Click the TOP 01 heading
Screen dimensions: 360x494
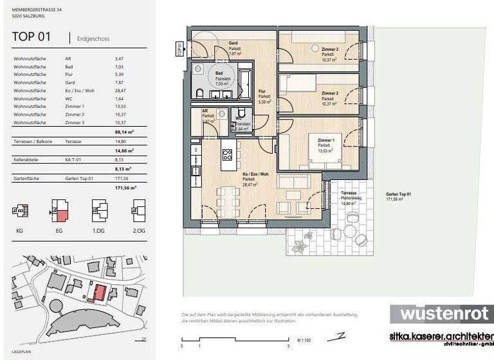(x=31, y=37)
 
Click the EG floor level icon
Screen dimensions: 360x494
(x=59, y=210)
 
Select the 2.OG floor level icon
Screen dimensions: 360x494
(x=138, y=210)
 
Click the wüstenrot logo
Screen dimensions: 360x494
(x=441, y=313)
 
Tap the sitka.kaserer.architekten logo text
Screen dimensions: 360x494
(x=441, y=336)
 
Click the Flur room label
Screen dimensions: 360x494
(x=262, y=91)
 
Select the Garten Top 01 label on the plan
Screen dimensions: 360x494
(x=398, y=195)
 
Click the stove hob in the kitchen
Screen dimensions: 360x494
(x=227, y=154)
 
